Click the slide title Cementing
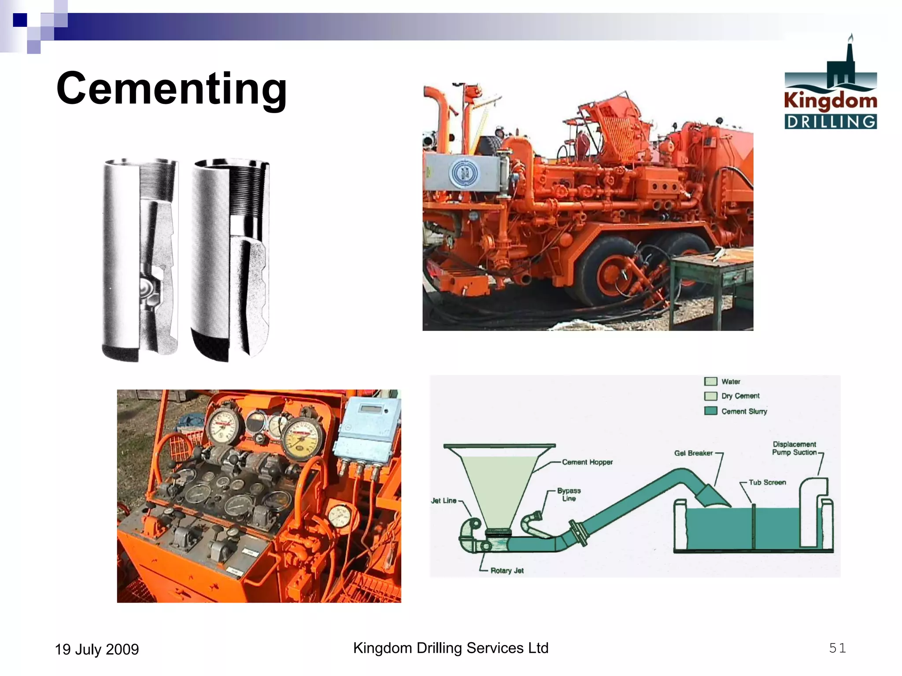(172, 89)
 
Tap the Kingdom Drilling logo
(830, 84)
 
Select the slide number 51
(837, 648)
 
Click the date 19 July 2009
(96, 649)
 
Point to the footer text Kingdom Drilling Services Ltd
(451, 648)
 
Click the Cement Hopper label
(587, 462)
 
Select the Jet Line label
(444, 500)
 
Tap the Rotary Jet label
(507, 570)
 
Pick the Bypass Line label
(569, 494)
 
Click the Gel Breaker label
(693, 453)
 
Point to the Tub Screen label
(767, 482)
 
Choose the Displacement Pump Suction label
(794, 448)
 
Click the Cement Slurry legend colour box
(710, 411)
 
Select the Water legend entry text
(731, 382)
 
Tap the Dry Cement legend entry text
(740, 396)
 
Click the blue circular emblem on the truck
(464, 173)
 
